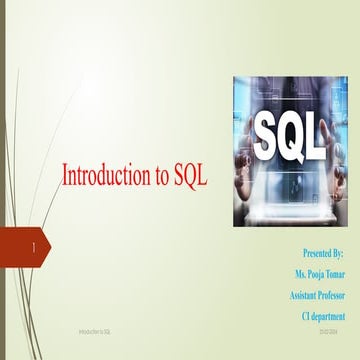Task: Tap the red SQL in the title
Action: pos(188,176)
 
